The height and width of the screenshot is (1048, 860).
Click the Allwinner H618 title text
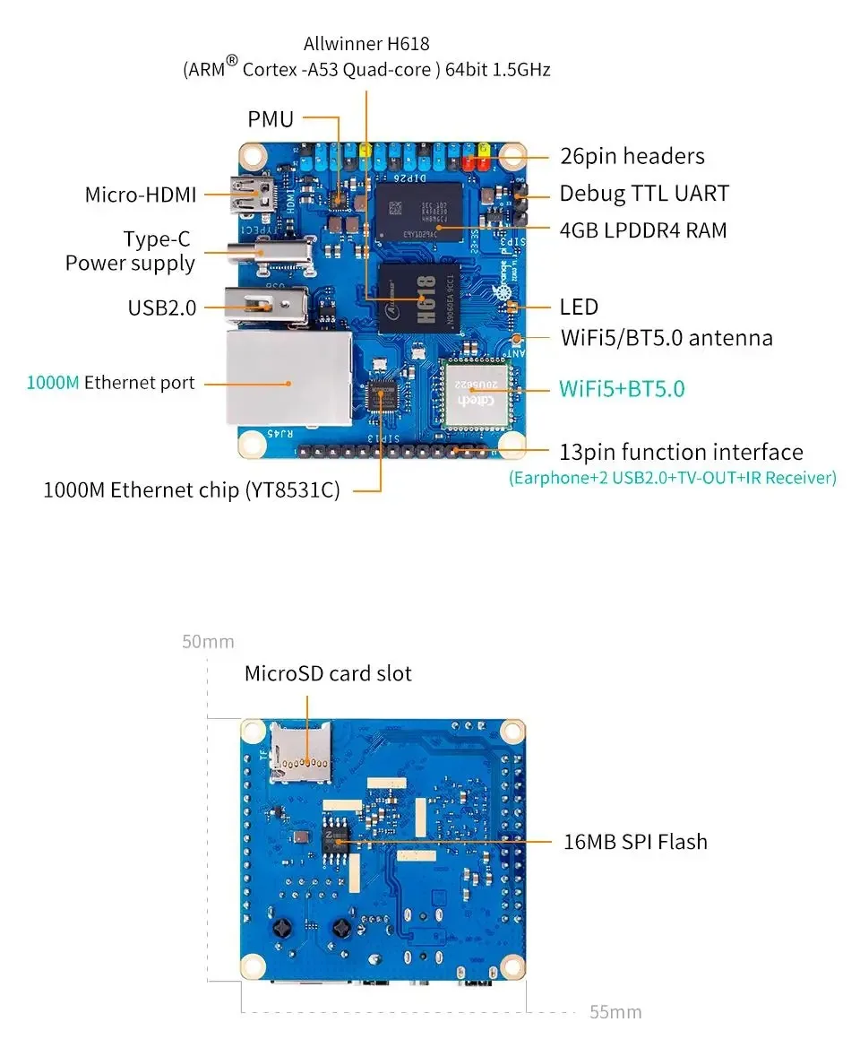pyautogui.click(x=366, y=43)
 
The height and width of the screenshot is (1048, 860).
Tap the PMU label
pyautogui.click(x=271, y=118)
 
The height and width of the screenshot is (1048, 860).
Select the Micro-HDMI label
pyautogui.click(x=141, y=195)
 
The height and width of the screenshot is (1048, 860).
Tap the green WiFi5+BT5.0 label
pyautogui.click(x=622, y=389)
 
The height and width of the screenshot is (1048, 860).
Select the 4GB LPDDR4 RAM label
pyautogui.click(x=642, y=230)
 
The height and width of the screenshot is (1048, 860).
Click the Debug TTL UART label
pyautogui.click(x=644, y=194)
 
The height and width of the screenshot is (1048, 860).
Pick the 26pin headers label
pyautogui.click(x=632, y=156)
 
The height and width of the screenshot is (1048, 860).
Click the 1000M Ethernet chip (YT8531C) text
pyautogui.click(x=192, y=490)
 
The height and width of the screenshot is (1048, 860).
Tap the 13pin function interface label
pyautogui.click(x=681, y=452)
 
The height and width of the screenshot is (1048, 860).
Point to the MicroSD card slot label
pyautogui.click(x=328, y=673)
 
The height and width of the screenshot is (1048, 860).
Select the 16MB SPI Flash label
pyautogui.click(x=635, y=842)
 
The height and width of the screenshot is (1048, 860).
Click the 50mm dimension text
pyautogui.click(x=208, y=642)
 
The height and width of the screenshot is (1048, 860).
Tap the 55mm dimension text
pyautogui.click(x=615, y=1012)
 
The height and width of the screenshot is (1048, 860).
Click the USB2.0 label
pyautogui.click(x=161, y=307)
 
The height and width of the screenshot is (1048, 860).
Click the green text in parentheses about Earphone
pyautogui.click(x=672, y=478)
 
